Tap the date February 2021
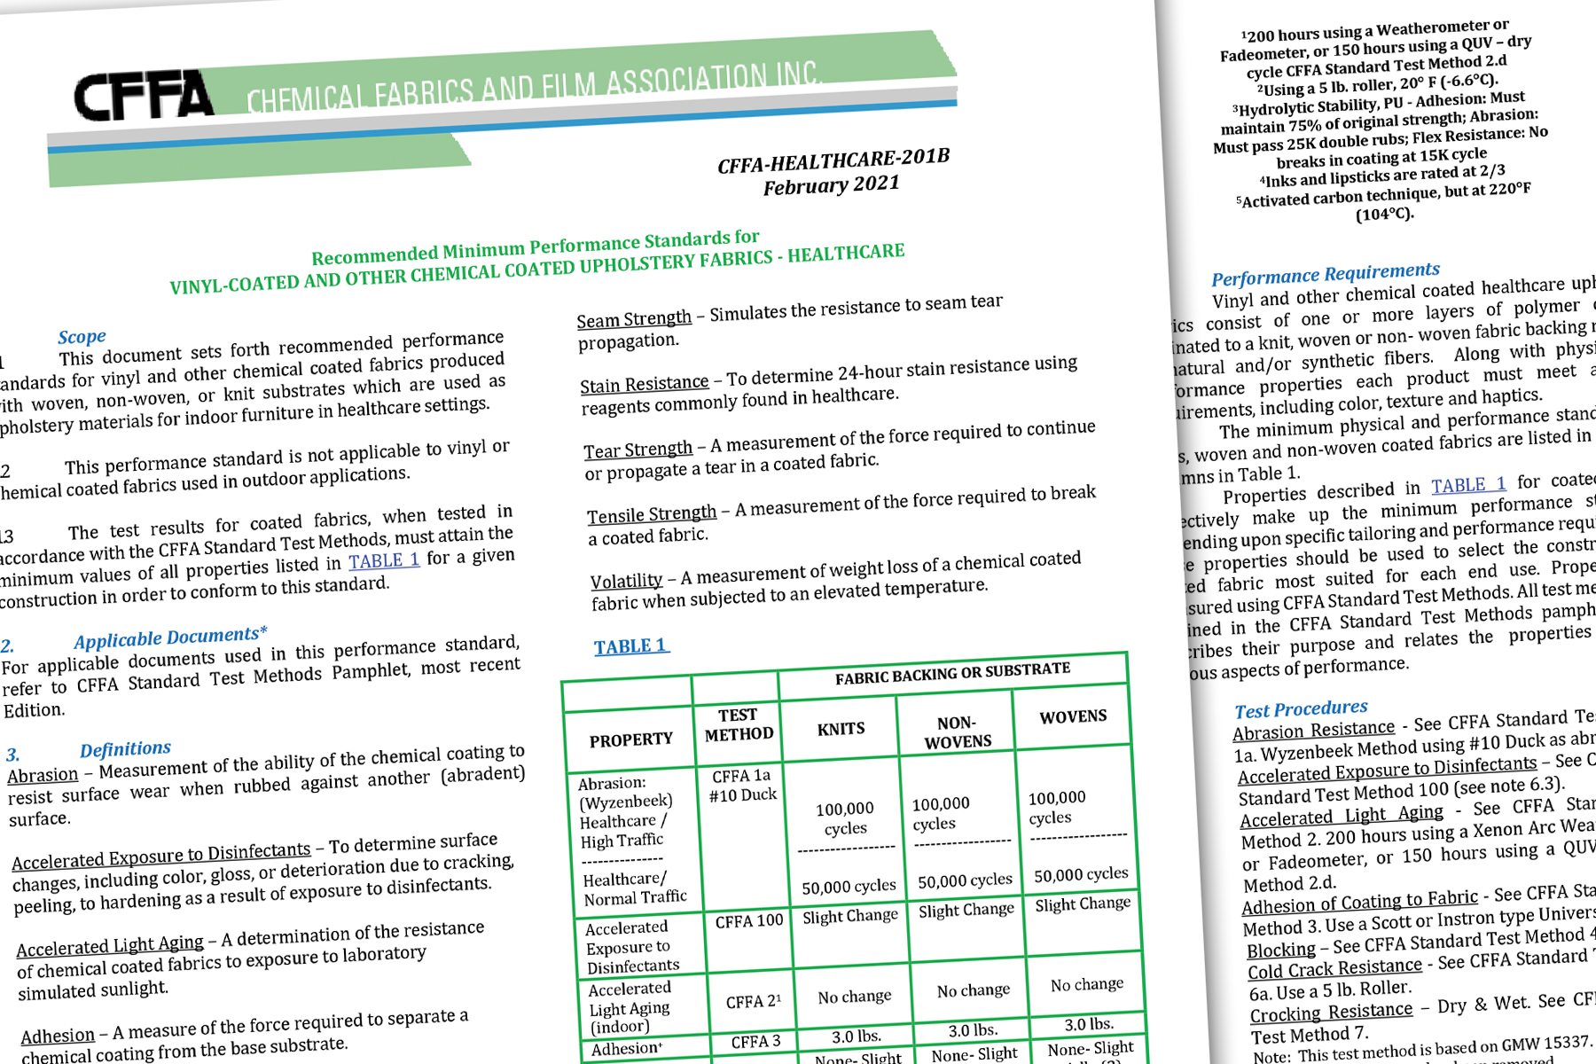pyautogui.click(x=831, y=185)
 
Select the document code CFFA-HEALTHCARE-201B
pyautogui.click(x=833, y=161)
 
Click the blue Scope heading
pyautogui.click(x=82, y=337)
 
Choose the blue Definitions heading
pyautogui.click(x=125, y=749)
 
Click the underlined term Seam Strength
pyautogui.click(x=634, y=319)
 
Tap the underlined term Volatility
pyautogui.click(x=626, y=581)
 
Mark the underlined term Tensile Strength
pyautogui.click(x=652, y=514)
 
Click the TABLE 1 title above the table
pyautogui.click(x=630, y=646)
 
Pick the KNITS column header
pyautogui.click(x=841, y=729)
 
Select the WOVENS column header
pyautogui.click(x=1073, y=716)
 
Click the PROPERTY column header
pyautogui.click(x=630, y=739)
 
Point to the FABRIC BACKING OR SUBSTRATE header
pyautogui.click(x=952, y=673)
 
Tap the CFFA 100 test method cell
pyautogui.click(x=749, y=921)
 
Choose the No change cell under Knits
pyautogui.click(x=854, y=997)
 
